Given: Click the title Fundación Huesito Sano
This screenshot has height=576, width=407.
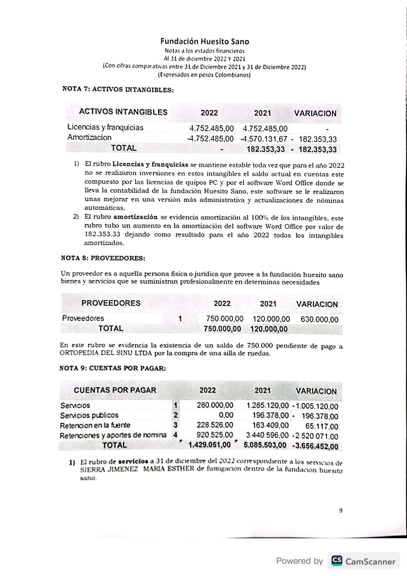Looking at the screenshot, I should [x=205, y=41].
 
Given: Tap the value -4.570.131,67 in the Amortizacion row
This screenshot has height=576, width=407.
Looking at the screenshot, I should [x=264, y=139].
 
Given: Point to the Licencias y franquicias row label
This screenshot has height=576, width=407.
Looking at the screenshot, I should [x=105, y=127].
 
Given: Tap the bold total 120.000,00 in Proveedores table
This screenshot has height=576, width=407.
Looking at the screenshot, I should [x=269, y=329].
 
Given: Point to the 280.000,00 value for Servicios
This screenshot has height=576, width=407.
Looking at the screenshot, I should [x=215, y=405].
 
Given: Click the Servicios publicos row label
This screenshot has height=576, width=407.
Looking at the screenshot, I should [x=89, y=415].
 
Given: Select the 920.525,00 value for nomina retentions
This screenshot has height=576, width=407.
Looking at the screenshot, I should [x=215, y=435].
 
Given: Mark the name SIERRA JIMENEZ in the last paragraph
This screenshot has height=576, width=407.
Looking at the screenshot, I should [x=109, y=469].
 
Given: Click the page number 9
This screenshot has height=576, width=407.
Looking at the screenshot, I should [x=341, y=511].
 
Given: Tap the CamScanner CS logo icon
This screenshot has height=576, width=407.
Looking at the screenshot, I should [x=337, y=561].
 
